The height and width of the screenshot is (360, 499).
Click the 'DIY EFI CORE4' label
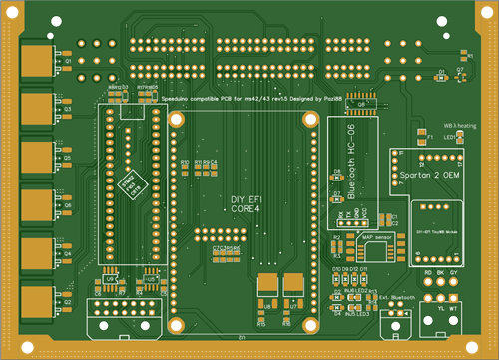coord(245,205)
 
